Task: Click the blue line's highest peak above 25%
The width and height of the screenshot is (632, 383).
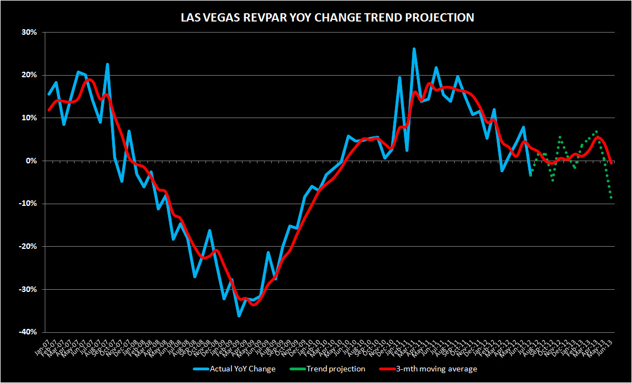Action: click(x=414, y=49)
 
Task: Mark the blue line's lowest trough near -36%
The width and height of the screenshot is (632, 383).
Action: click(x=239, y=316)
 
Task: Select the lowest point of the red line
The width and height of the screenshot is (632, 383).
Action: click(x=254, y=305)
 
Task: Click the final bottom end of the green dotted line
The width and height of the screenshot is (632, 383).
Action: click(x=612, y=198)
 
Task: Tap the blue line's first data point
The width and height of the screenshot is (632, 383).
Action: click(x=49, y=94)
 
